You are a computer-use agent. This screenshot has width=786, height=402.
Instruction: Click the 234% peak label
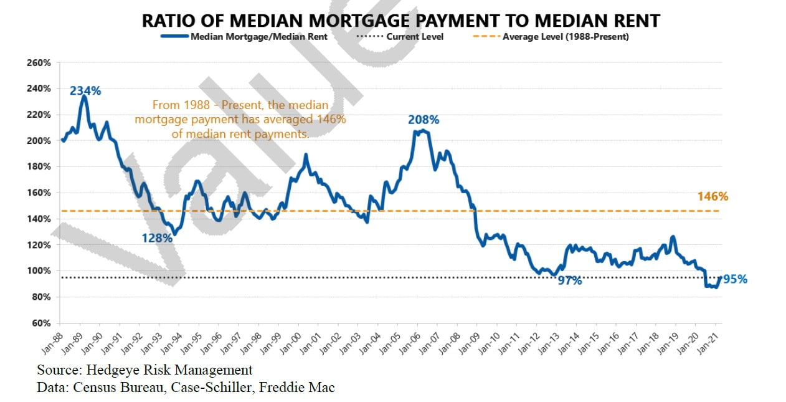pos(85,90)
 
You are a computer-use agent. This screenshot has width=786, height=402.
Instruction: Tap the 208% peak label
pos(424,120)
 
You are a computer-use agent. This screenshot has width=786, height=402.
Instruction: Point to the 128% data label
pos(156,237)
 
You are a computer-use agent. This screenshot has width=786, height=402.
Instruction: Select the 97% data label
pos(569,280)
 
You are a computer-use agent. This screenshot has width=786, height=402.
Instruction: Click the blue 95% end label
pos(734,279)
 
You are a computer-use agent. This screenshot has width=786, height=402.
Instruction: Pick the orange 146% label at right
pos(713,196)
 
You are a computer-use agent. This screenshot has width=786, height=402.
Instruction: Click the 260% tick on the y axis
pos(39,63)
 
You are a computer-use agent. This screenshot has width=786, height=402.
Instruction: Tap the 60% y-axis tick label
pos(41,323)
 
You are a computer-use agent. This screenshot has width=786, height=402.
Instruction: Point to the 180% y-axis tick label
pos(39,167)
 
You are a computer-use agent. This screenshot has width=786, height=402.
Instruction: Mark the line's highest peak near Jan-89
pos(83,97)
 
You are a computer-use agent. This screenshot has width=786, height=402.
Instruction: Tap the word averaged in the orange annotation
pos(281,118)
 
